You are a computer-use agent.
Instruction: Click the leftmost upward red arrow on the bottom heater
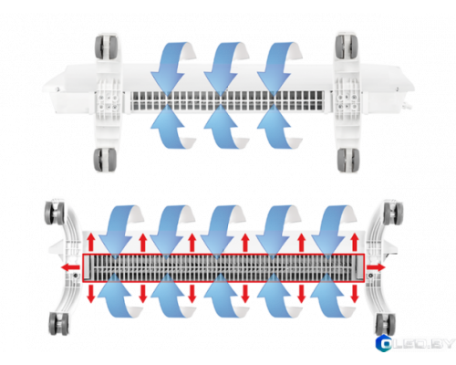coord(91,243)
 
